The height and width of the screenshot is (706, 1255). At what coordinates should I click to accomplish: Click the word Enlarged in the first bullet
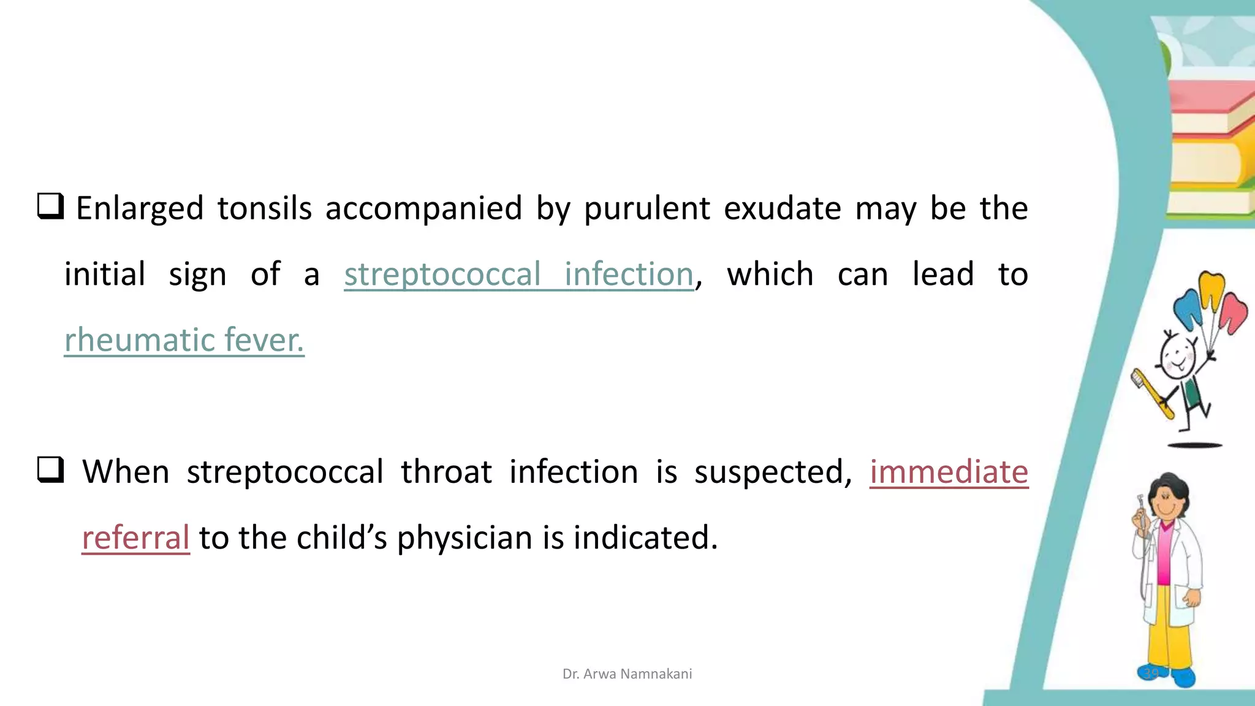(139, 209)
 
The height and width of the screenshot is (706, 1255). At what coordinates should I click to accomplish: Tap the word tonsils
(264, 208)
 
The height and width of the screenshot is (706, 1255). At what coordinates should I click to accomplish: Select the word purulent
(646, 209)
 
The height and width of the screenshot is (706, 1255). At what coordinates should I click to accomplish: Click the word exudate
(782, 208)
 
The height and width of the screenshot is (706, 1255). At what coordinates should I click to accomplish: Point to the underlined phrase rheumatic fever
(184, 340)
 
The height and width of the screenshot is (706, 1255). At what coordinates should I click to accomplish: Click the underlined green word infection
(629, 274)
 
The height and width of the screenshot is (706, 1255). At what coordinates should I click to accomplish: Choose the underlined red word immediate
(949, 472)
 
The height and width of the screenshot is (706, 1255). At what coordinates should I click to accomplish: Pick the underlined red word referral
(135, 537)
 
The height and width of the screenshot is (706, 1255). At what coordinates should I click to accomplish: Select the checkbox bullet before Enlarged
(50, 206)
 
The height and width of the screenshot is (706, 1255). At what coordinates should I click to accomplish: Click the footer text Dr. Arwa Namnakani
(627, 674)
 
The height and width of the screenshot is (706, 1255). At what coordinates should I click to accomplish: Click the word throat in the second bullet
(446, 473)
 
